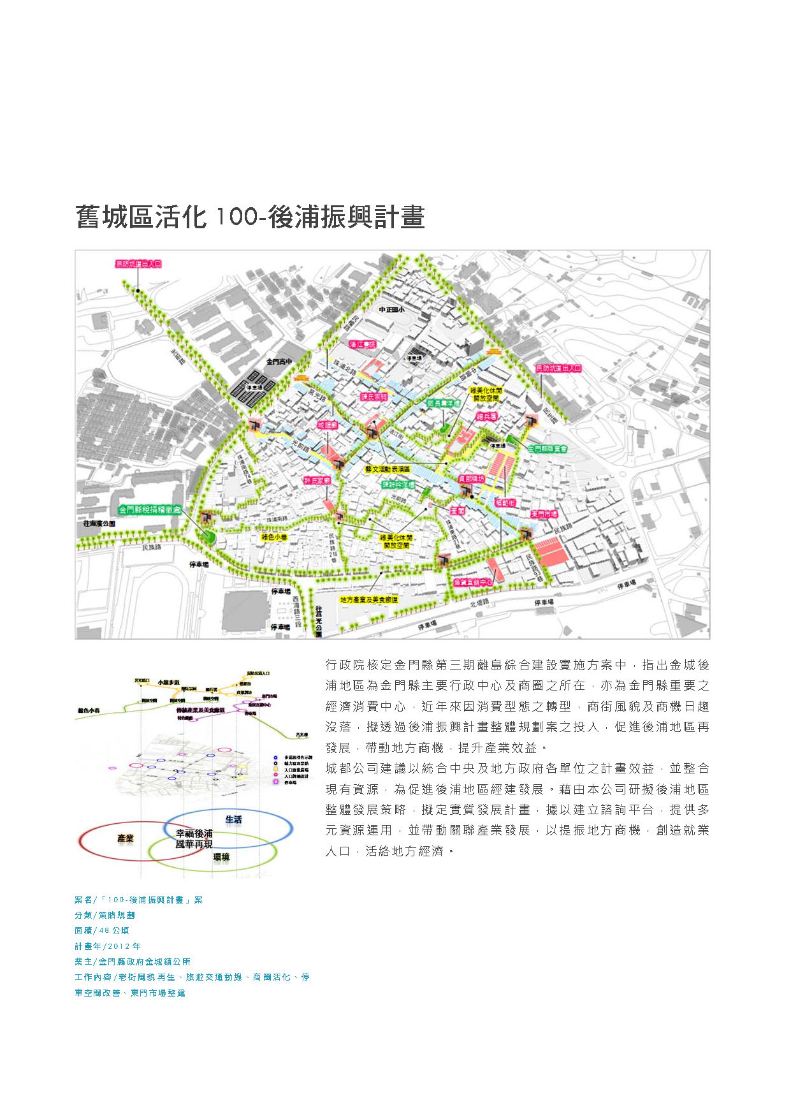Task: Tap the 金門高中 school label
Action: click(x=279, y=361)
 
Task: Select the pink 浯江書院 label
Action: click(x=363, y=344)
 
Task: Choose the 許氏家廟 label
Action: click(x=317, y=480)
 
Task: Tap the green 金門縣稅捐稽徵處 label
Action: click(x=150, y=510)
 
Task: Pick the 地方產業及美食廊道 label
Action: click(x=369, y=599)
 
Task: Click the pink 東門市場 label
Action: click(x=544, y=514)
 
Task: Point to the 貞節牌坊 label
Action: click(x=471, y=478)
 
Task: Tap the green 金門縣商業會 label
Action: click(x=548, y=448)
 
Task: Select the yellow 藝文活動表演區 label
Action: click(x=388, y=469)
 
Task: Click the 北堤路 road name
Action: click(x=479, y=603)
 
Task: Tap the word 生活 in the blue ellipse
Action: click(x=233, y=819)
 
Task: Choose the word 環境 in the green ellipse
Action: click(x=221, y=858)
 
